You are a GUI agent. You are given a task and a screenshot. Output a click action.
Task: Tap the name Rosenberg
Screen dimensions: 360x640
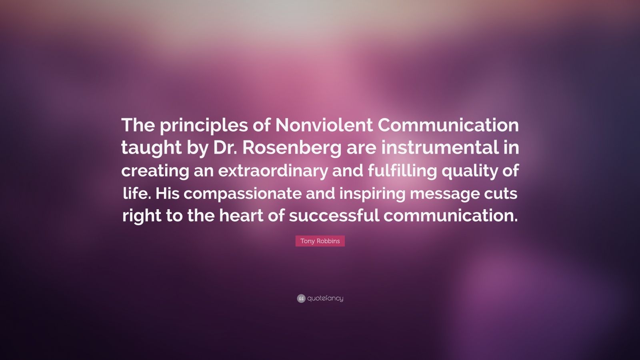click(292, 148)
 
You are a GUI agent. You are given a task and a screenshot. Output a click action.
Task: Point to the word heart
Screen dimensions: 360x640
click(243, 216)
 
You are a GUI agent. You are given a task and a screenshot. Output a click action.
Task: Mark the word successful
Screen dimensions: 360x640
click(334, 216)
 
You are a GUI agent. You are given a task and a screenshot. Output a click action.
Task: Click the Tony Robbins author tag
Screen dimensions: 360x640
click(320, 241)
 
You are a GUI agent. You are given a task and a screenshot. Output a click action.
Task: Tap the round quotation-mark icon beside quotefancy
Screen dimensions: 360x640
click(301, 298)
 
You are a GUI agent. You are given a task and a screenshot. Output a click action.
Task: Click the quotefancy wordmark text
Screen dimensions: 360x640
click(325, 298)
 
